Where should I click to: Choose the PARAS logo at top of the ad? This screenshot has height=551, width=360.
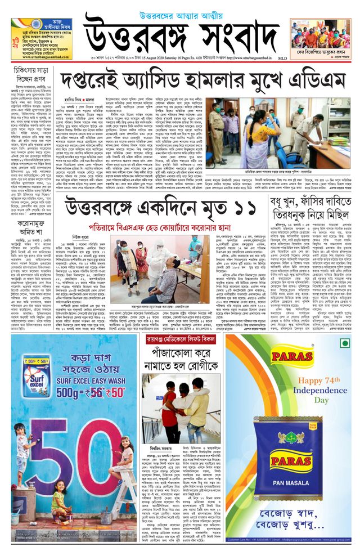pyautogui.click(x=291, y=356)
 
